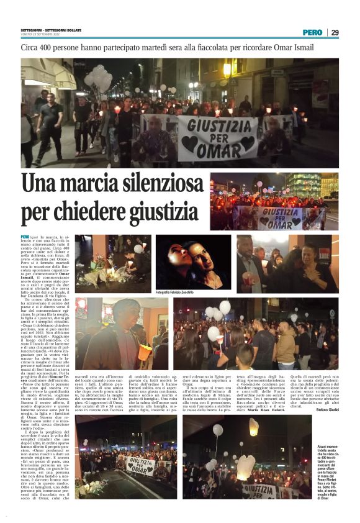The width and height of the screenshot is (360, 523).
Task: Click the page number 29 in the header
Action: pyautogui.click(x=335, y=32)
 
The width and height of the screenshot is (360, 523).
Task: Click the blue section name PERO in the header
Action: pyautogui.click(x=312, y=32)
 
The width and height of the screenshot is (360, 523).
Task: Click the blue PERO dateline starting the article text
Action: pyautogui.click(x=25, y=237)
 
